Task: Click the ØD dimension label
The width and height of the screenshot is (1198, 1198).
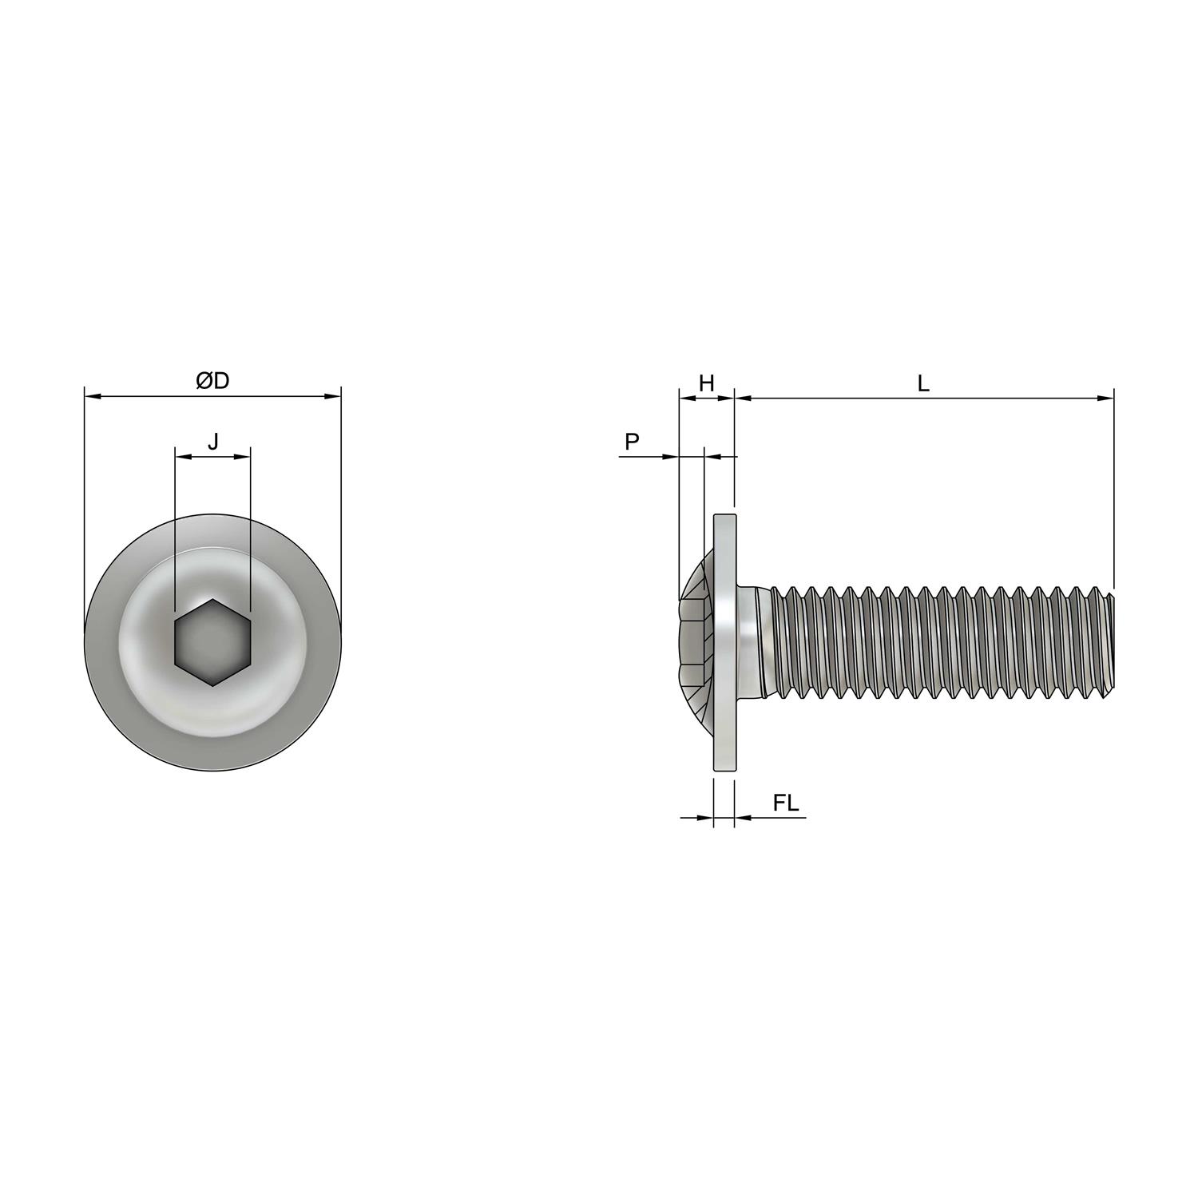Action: point(212,382)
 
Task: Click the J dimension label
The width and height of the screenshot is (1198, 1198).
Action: point(212,441)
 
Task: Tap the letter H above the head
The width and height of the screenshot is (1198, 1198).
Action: point(706,383)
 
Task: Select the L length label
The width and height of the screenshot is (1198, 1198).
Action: point(923,383)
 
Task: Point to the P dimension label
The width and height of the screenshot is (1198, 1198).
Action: point(632,442)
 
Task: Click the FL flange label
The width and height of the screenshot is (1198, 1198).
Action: point(785,803)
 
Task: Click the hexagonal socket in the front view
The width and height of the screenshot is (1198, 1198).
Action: point(212,643)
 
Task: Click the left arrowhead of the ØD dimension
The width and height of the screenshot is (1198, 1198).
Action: point(90,395)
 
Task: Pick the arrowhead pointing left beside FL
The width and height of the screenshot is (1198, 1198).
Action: point(740,817)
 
